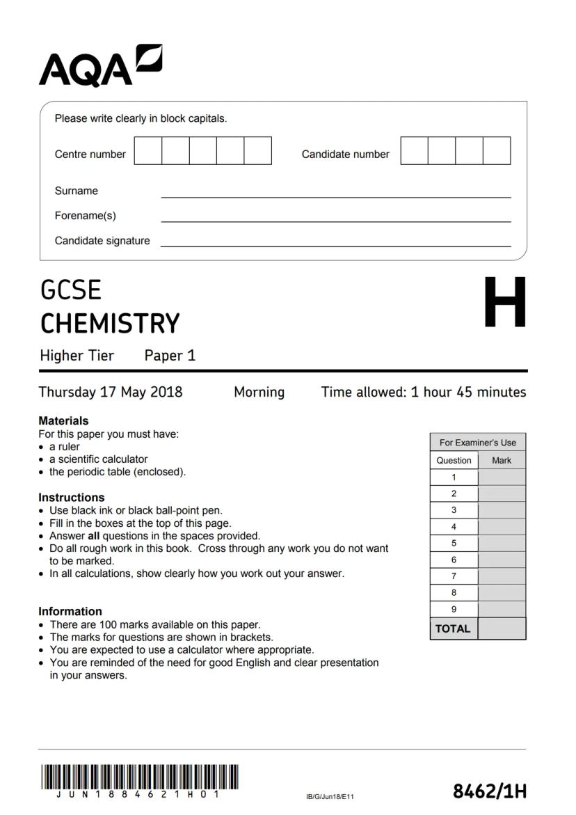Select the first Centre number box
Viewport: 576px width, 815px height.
(x=147, y=151)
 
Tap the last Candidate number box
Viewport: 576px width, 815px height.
(x=497, y=151)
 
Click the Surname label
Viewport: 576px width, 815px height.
(x=77, y=191)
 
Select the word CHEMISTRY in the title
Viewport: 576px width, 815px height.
(x=110, y=324)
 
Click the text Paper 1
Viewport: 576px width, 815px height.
(x=170, y=356)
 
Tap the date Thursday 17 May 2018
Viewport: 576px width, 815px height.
(x=111, y=392)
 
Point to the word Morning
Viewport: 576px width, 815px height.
(x=259, y=392)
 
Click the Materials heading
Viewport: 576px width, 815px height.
(x=63, y=420)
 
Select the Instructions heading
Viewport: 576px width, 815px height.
(x=71, y=498)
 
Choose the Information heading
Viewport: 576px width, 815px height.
(x=70, y=612)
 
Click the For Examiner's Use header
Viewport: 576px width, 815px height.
(x=478, y=442)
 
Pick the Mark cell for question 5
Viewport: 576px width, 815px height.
(x=502, y=543)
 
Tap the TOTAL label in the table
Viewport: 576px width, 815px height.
(x=454, y=628)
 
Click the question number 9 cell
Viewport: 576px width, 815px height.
(x=454, y=609)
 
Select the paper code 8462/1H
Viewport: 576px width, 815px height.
(x=490, y=791)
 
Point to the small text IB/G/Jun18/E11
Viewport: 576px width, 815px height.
(x=330, y=796)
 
